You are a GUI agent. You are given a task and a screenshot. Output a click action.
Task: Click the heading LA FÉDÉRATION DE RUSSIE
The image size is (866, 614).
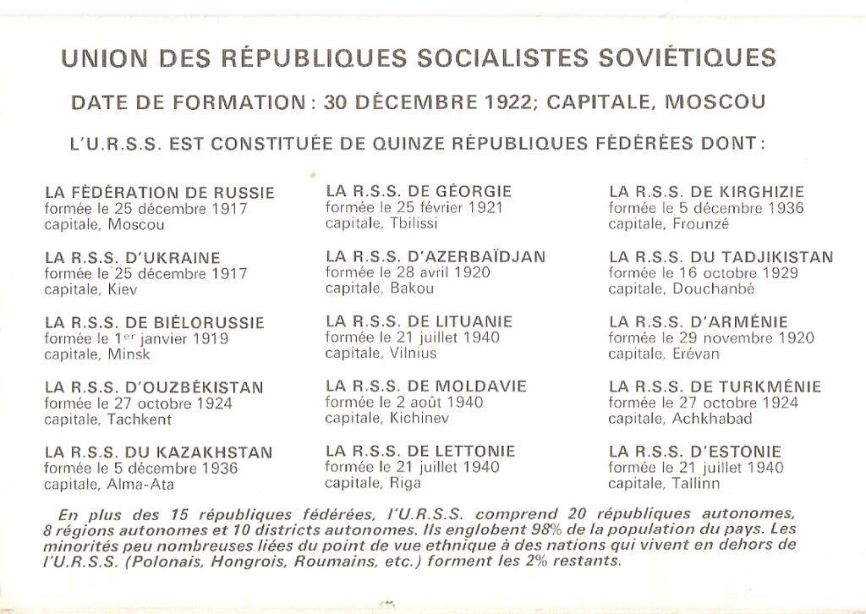(159, 193)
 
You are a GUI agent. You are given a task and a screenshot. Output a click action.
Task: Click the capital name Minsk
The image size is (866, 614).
(129, 354)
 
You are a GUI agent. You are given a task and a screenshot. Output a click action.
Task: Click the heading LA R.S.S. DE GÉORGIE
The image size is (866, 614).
(419, 191)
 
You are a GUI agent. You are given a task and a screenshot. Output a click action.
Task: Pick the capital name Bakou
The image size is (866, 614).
(412, 288)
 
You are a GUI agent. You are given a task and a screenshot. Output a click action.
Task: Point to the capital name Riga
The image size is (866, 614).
(405, 483)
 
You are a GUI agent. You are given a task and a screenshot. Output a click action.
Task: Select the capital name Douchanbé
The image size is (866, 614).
(713, 288)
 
